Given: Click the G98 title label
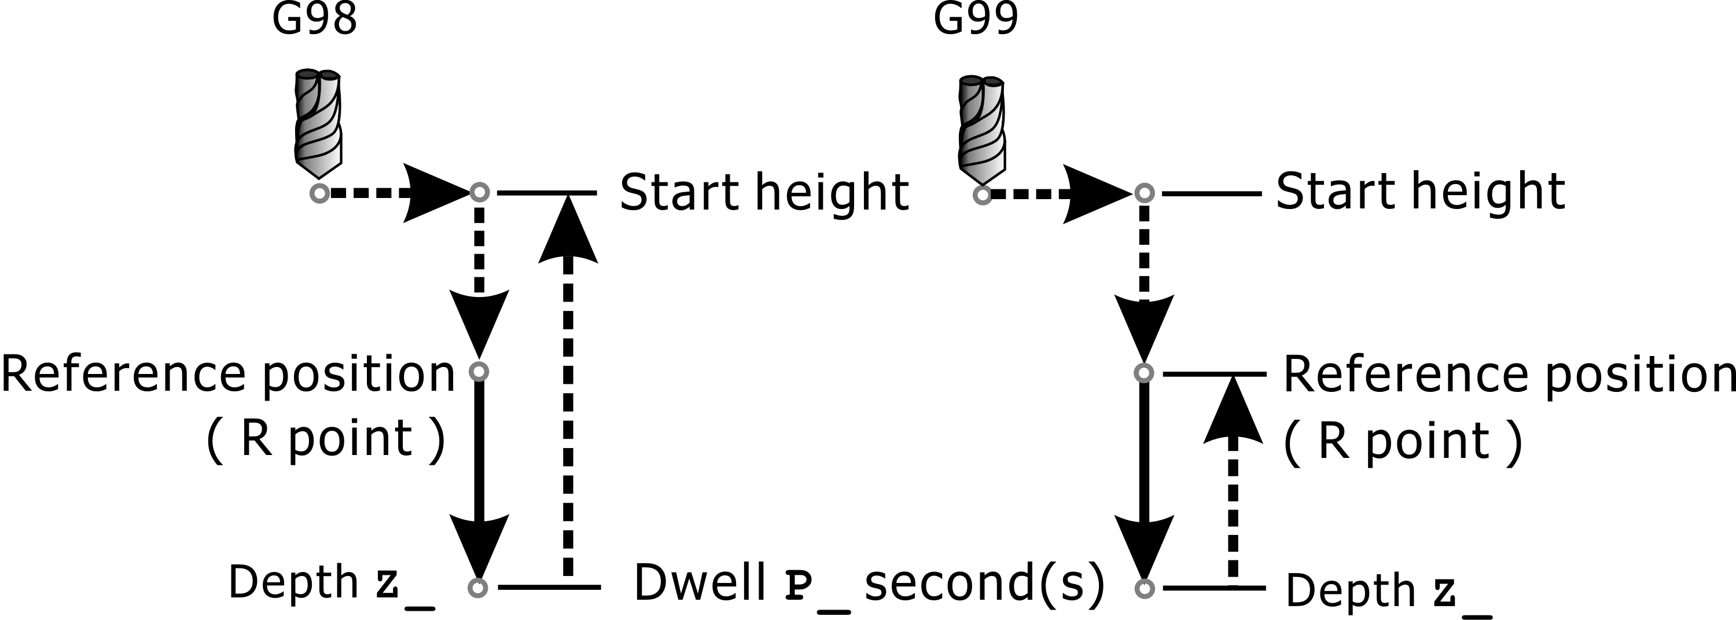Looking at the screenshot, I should pos(314,20).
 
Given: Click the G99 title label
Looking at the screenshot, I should pos(975,20).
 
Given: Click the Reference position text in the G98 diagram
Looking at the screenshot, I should pos(229,374).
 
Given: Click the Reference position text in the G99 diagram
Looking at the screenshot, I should pos(1508,375).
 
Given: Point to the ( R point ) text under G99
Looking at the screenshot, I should pos(1403,442).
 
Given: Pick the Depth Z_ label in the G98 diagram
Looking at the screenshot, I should pos(330,584).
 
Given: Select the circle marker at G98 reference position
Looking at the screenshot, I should pos(479,371).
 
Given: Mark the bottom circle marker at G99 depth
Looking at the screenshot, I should pos(1143,588).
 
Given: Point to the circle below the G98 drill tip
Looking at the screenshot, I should pos(319,193).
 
